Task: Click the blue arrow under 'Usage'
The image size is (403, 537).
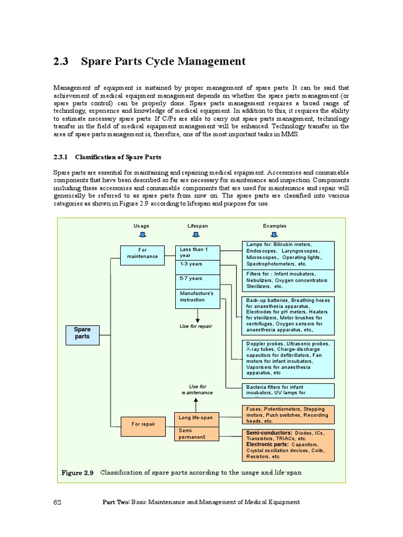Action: (x=141, y=234)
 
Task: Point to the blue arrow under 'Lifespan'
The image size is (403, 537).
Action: (x=197, y=234)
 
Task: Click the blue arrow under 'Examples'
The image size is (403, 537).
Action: (x=274, y=234)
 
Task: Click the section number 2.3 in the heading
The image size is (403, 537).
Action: (x=61, y=61)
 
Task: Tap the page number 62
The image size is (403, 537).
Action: (x=58, y=502)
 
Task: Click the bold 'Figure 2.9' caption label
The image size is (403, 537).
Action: (x=77, y=472)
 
